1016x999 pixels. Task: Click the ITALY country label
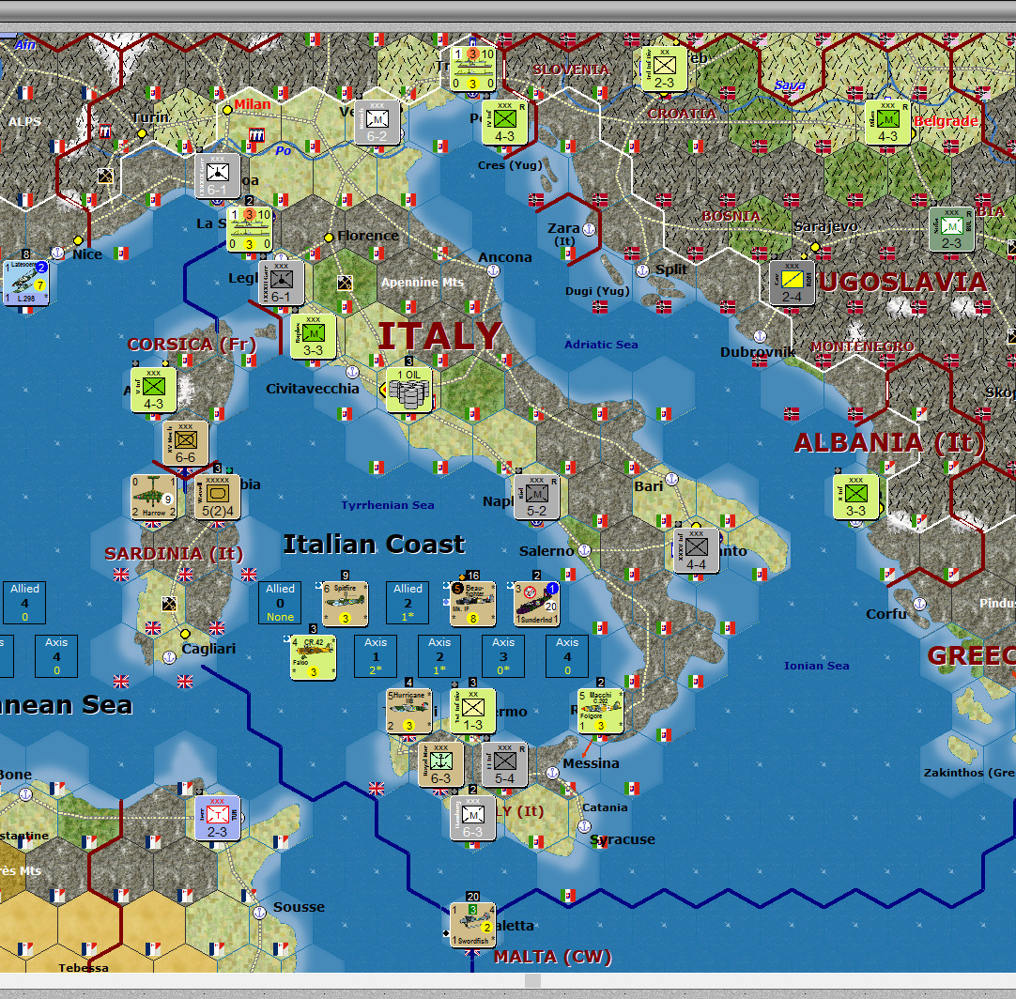click(x=439, y=336)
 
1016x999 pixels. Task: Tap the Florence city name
click(x=368, y=236)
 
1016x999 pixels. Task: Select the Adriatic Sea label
click(x=601, y=345)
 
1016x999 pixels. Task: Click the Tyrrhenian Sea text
click(x=388, y=505)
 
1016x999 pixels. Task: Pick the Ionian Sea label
click(x=816, y=666)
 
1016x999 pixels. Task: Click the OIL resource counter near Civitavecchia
click(x=409, y=388)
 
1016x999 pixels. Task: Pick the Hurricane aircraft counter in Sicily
click(x=409, y=712)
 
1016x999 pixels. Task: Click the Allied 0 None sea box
click(x=280, y=603)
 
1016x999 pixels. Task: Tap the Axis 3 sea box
click(x=503, y=656)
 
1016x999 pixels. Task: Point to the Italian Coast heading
click(x=374, y=544)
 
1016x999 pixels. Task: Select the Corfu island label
click(x=886, y=614)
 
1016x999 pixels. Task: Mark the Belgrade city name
click(x=945, y=121)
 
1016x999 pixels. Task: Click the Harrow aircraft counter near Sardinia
click(x=154, y=497)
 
